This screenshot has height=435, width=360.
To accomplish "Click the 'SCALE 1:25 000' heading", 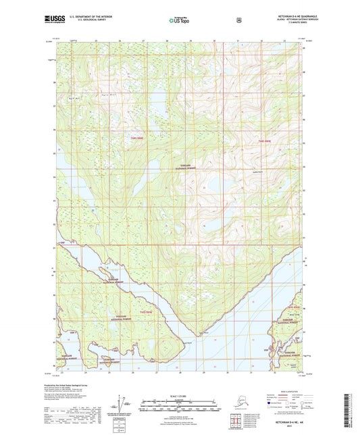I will pyautogui.click(x=180, y=395).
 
